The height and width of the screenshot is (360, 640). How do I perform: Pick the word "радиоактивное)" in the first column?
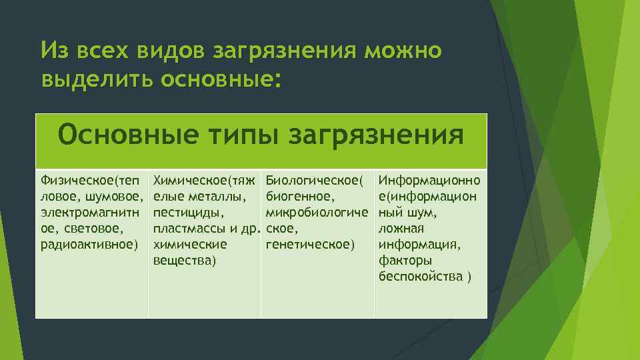(89, 244)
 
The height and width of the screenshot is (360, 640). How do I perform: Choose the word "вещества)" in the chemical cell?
(185, 260)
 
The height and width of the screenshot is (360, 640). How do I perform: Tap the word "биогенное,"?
(300, 196)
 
